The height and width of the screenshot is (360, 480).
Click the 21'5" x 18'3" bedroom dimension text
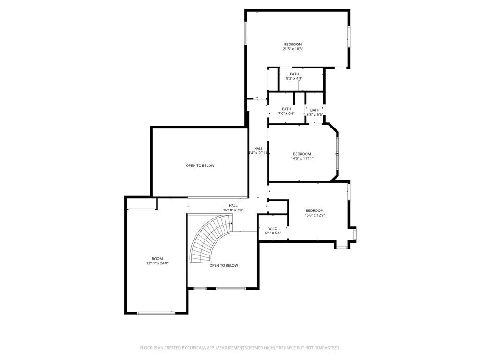[x=292, y=49]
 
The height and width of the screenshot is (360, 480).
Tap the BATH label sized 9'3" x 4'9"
[x=294, y=74]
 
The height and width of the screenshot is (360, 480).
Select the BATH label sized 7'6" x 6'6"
[x=286, y=109]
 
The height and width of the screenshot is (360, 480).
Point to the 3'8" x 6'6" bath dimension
[x=315, y=114]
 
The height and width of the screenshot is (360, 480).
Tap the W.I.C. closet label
[x=273, y=228]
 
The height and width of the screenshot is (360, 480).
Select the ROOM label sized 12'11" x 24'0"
[x=157, y=259]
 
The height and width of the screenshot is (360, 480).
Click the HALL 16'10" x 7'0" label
[x=233, y=205]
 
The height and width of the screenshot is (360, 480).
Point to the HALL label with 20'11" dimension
[x=258, y=149]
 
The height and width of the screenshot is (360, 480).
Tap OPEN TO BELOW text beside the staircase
[x=224, y=265]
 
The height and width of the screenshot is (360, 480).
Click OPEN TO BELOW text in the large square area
[x=200, y=165]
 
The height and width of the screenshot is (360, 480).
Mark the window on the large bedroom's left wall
[x=246, y=33]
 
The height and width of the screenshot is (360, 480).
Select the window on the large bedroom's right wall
[x=348, y=37]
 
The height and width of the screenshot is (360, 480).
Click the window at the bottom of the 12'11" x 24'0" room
[x=156, y=313]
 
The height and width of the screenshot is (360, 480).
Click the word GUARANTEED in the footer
[x=325, y=348]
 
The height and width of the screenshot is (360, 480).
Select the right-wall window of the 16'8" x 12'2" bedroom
[x=348, y=192]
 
